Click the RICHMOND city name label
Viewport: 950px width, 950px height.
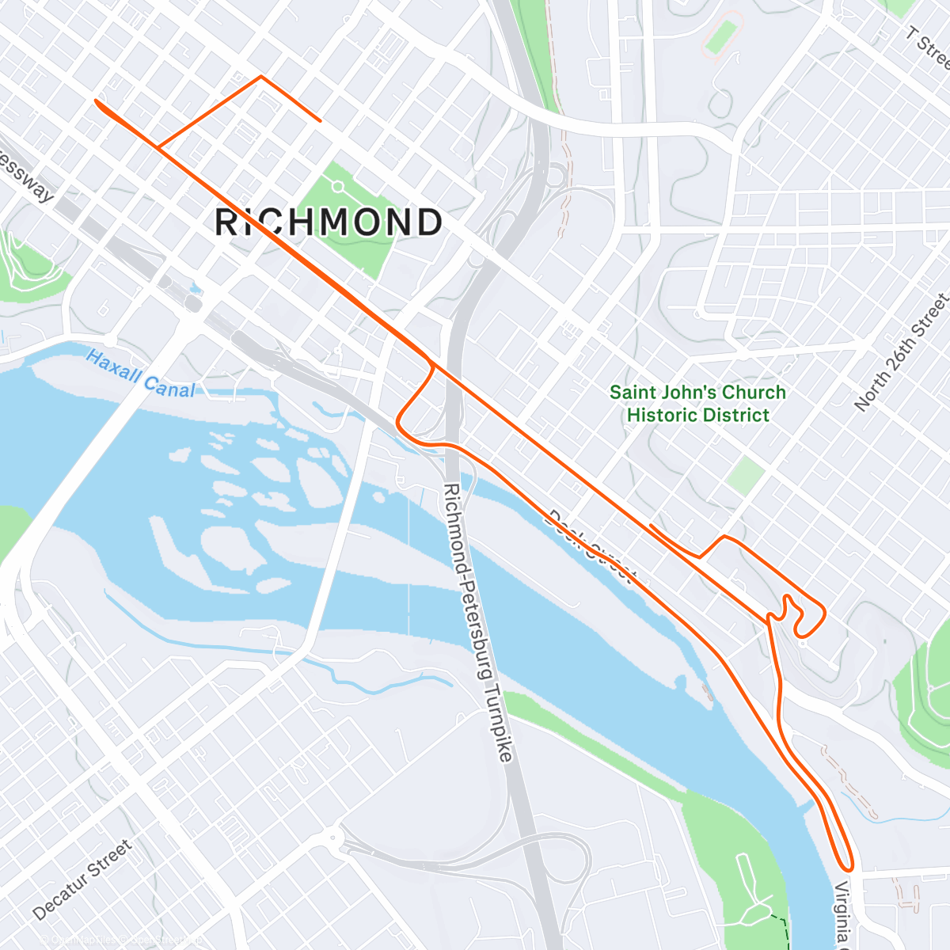329,222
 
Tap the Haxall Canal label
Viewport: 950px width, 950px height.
140,374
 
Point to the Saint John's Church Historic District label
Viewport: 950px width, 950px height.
697,404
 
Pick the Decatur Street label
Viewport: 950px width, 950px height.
83,880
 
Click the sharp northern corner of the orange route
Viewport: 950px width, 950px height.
260,77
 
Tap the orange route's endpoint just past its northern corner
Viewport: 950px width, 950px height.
319,120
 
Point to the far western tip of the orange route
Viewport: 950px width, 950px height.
96,101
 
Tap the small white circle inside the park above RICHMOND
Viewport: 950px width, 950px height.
338,187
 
